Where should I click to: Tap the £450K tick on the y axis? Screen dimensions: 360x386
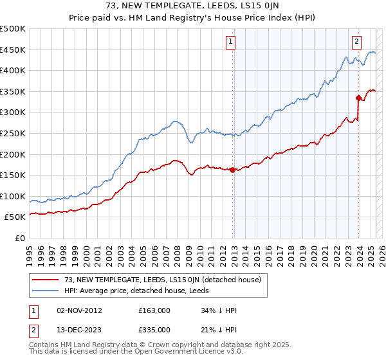[x=14, y=50]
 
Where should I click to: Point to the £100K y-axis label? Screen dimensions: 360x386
[x=14, y=196]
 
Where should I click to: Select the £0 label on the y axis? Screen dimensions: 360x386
[x=21, y=238]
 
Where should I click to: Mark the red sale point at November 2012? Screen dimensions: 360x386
[x=232, y=170]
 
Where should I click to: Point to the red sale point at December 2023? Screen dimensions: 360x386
[x=358, y=98]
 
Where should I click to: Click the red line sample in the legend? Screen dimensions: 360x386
[x=46, y=280]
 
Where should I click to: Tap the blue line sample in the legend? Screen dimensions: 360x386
[x=46, y=291]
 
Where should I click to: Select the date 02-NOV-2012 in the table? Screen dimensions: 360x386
[x=79, y=310]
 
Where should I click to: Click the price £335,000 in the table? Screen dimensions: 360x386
[x=154, y=329]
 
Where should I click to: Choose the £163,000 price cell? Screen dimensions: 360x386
[x=154, y=310]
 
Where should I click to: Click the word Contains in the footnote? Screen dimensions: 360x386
[x=45, y=346]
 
